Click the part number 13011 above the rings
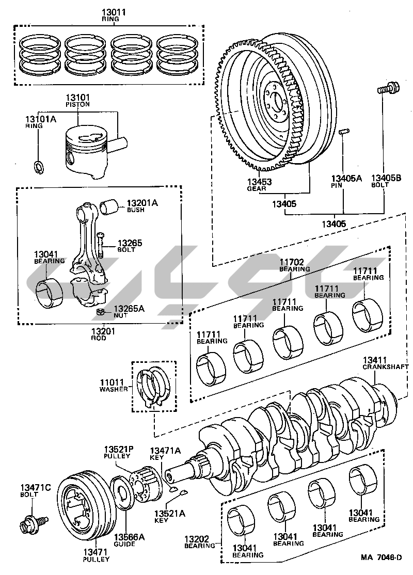114,12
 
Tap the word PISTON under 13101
78,104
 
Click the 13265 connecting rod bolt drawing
100,245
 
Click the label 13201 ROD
103,334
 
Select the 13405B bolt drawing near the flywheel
388,88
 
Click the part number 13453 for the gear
259,182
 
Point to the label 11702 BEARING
294,265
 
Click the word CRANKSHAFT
385,366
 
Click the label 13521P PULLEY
118,453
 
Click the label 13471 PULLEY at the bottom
96,555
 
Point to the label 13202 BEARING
200,542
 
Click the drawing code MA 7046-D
382,557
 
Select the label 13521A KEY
169,516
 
